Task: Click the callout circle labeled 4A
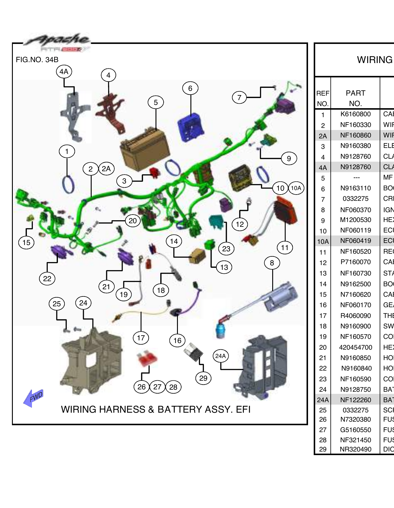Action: (64, 72)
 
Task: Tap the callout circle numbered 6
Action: (190, 88)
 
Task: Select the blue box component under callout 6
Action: (190, 127)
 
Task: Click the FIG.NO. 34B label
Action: (37, 60)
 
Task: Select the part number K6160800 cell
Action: (355, 114)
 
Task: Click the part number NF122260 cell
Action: (355, 400)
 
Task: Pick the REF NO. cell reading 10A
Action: (323, 241)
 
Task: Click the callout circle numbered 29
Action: (203, 378)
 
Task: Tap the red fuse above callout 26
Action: (147, 358)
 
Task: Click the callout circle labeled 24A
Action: (221, 356)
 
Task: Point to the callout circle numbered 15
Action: (26, 242)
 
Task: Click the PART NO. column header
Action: (355, 98)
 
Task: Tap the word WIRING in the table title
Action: (375, 60)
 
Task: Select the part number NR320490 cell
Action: (355, 449)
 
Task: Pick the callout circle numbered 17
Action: (141, 338)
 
